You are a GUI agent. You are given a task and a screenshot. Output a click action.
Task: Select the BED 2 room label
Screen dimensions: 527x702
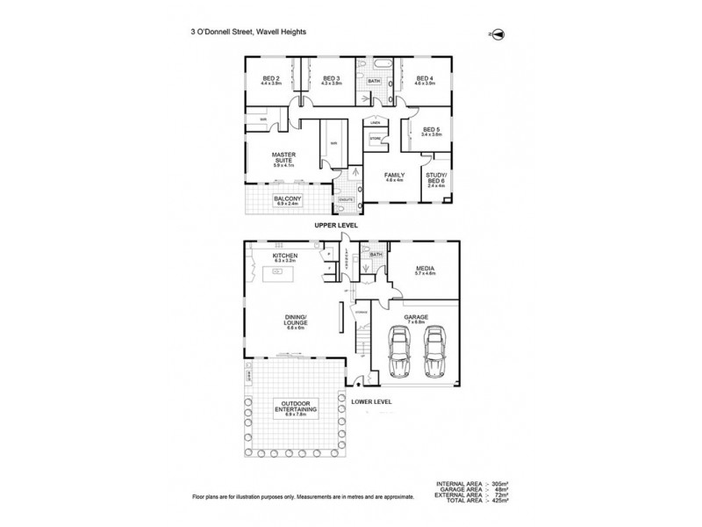click(x=270, y=80)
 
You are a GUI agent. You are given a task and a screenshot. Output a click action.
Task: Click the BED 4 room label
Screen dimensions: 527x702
click(x=425, y=80)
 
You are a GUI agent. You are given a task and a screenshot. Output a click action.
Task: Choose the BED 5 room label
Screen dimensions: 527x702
click(x=430, y=132)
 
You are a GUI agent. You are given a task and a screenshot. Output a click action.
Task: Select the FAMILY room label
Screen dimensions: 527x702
click(x=394, y=177)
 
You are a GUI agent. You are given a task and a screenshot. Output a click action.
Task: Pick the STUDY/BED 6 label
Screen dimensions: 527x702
click(x=435, y=180)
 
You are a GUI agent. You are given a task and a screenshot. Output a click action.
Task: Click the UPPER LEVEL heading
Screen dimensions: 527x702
click(x=338, y=227)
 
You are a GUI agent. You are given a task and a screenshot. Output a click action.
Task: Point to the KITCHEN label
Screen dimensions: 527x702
click(x=286, y=258)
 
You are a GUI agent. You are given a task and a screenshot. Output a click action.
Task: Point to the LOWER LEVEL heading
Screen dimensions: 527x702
click(x=370, y=401)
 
